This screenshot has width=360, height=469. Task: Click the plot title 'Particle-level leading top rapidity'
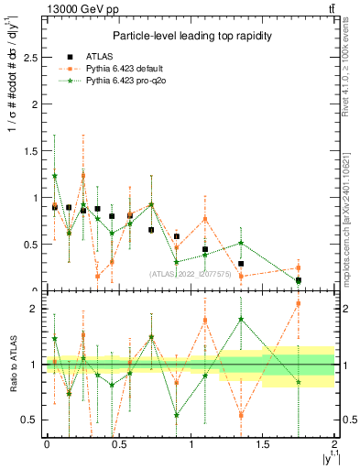click(190, 35)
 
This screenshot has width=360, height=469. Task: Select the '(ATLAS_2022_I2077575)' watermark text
click(193, 273)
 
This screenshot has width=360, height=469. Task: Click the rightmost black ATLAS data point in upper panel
click(298, 280)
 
